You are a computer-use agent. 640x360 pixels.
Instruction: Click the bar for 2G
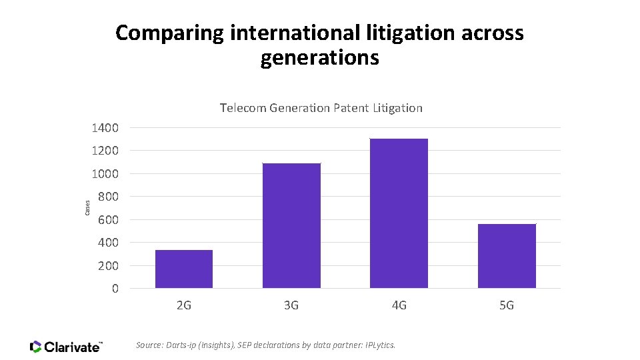point(183,269)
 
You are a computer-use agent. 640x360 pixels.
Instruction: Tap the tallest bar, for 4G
point(399,213)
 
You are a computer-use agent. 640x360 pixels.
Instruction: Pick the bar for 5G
point(507,256)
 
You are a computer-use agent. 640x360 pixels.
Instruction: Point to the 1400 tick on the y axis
point(105,127)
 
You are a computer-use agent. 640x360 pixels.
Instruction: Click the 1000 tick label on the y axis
point(105,173)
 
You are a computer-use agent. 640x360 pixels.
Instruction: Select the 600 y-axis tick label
point(108,219)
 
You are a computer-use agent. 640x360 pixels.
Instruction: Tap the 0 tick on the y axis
point(115,289)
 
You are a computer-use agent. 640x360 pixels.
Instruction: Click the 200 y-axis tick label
point(108,265)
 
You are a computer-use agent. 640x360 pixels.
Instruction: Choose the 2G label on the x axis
point(184,305)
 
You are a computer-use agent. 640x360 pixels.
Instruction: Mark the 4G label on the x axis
point(399,305)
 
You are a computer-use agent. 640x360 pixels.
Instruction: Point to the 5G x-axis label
point(507,305)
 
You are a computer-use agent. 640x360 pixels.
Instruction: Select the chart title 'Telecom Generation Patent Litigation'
point(321,107)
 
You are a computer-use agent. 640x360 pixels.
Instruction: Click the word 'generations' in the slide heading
point(320,58)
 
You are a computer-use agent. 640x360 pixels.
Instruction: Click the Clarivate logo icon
point(36,347)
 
